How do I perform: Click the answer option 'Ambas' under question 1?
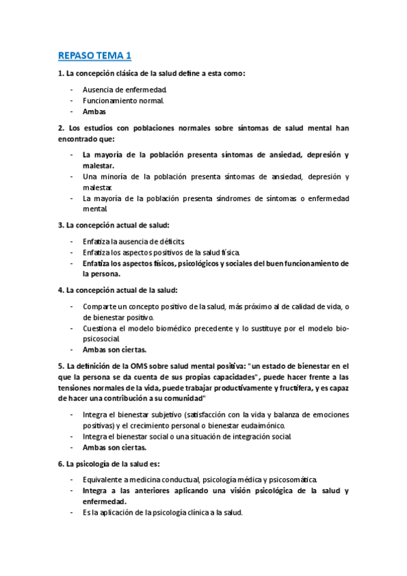(x=94, y=111)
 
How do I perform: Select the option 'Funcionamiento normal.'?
(x=123, y=101)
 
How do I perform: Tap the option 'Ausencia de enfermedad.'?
(x=125, y=90)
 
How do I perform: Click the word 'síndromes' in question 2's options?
(x=229, y=198)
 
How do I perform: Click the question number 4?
(x=60, y=291)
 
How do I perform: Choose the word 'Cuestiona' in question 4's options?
(x=102, y=329)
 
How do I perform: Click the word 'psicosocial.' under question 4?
(x=101, y=339)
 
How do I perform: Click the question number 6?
(x=60, y=464)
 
